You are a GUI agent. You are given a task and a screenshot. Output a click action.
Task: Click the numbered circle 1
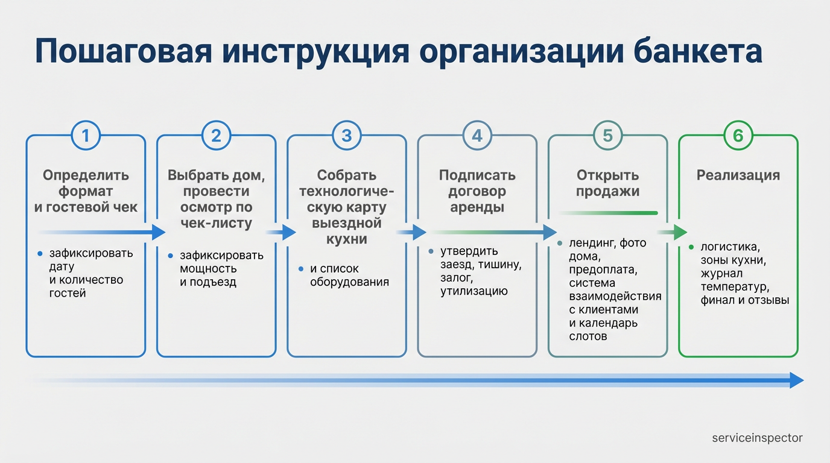86,136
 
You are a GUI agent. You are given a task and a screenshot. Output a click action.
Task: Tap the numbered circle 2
216,136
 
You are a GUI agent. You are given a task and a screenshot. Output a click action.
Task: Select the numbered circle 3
346,136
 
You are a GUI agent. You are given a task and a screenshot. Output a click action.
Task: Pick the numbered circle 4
477,136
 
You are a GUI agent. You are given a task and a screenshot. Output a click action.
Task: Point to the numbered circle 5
607,136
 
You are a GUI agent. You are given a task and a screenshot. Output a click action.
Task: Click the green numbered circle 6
738,136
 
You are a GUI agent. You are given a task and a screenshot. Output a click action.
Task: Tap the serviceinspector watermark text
757,438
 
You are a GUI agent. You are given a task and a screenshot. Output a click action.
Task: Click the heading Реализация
738,175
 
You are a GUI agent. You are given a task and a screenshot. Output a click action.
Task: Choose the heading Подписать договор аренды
477,191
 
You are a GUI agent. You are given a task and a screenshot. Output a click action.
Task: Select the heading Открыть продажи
607,183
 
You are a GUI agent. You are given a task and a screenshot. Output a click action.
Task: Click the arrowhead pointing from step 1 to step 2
159,232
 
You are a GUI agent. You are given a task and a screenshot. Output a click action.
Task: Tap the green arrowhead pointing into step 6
680,232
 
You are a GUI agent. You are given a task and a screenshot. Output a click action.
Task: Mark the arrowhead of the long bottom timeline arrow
796,380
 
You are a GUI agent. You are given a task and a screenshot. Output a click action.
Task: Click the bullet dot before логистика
691,247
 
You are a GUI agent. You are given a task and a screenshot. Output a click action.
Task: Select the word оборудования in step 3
349,282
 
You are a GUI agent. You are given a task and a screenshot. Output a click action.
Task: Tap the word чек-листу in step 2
216,224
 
